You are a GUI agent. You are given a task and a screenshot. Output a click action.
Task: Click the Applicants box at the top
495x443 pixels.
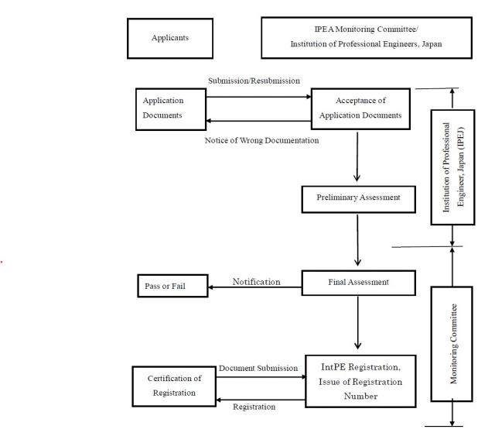click(169, 38)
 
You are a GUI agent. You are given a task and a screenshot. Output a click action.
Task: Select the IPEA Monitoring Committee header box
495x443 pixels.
click(366, 37)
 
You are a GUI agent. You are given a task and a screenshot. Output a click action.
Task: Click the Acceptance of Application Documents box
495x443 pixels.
click(360, 108)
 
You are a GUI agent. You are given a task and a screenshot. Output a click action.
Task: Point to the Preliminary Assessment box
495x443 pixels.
click(358, 197)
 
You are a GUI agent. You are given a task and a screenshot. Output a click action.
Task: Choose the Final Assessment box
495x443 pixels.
click(357, 283)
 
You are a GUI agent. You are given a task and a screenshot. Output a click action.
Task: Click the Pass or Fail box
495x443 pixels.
click(165, 287)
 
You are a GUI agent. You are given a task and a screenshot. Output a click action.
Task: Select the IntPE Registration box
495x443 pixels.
click(360, 380)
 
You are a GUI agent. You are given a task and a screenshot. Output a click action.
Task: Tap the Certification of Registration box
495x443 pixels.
click(174, 386)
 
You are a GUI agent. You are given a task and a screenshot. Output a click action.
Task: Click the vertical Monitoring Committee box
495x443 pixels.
click(453, 343)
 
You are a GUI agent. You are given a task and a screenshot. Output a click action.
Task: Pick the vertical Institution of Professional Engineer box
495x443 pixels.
click(452, 167)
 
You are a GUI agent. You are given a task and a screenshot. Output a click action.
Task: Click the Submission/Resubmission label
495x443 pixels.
click(254, 81)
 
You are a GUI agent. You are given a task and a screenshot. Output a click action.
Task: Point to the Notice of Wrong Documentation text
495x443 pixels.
click(261, 141)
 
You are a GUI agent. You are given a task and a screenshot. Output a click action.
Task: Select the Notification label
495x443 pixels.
click(256, 282)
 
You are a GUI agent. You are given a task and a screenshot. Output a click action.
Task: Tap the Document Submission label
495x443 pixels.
click(258, 368)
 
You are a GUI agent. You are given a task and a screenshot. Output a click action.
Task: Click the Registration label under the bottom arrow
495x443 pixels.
click(254, 407)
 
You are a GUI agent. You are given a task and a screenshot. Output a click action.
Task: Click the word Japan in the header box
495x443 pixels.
click(431, 45)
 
